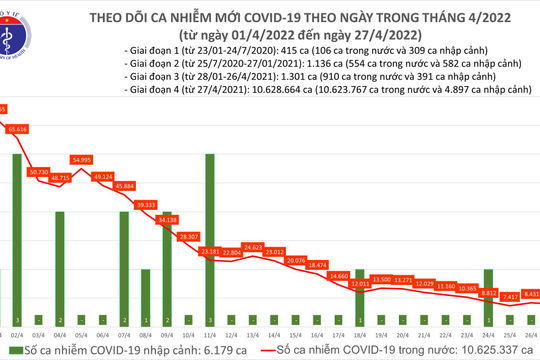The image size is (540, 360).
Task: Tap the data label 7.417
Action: tap(510, 296)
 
